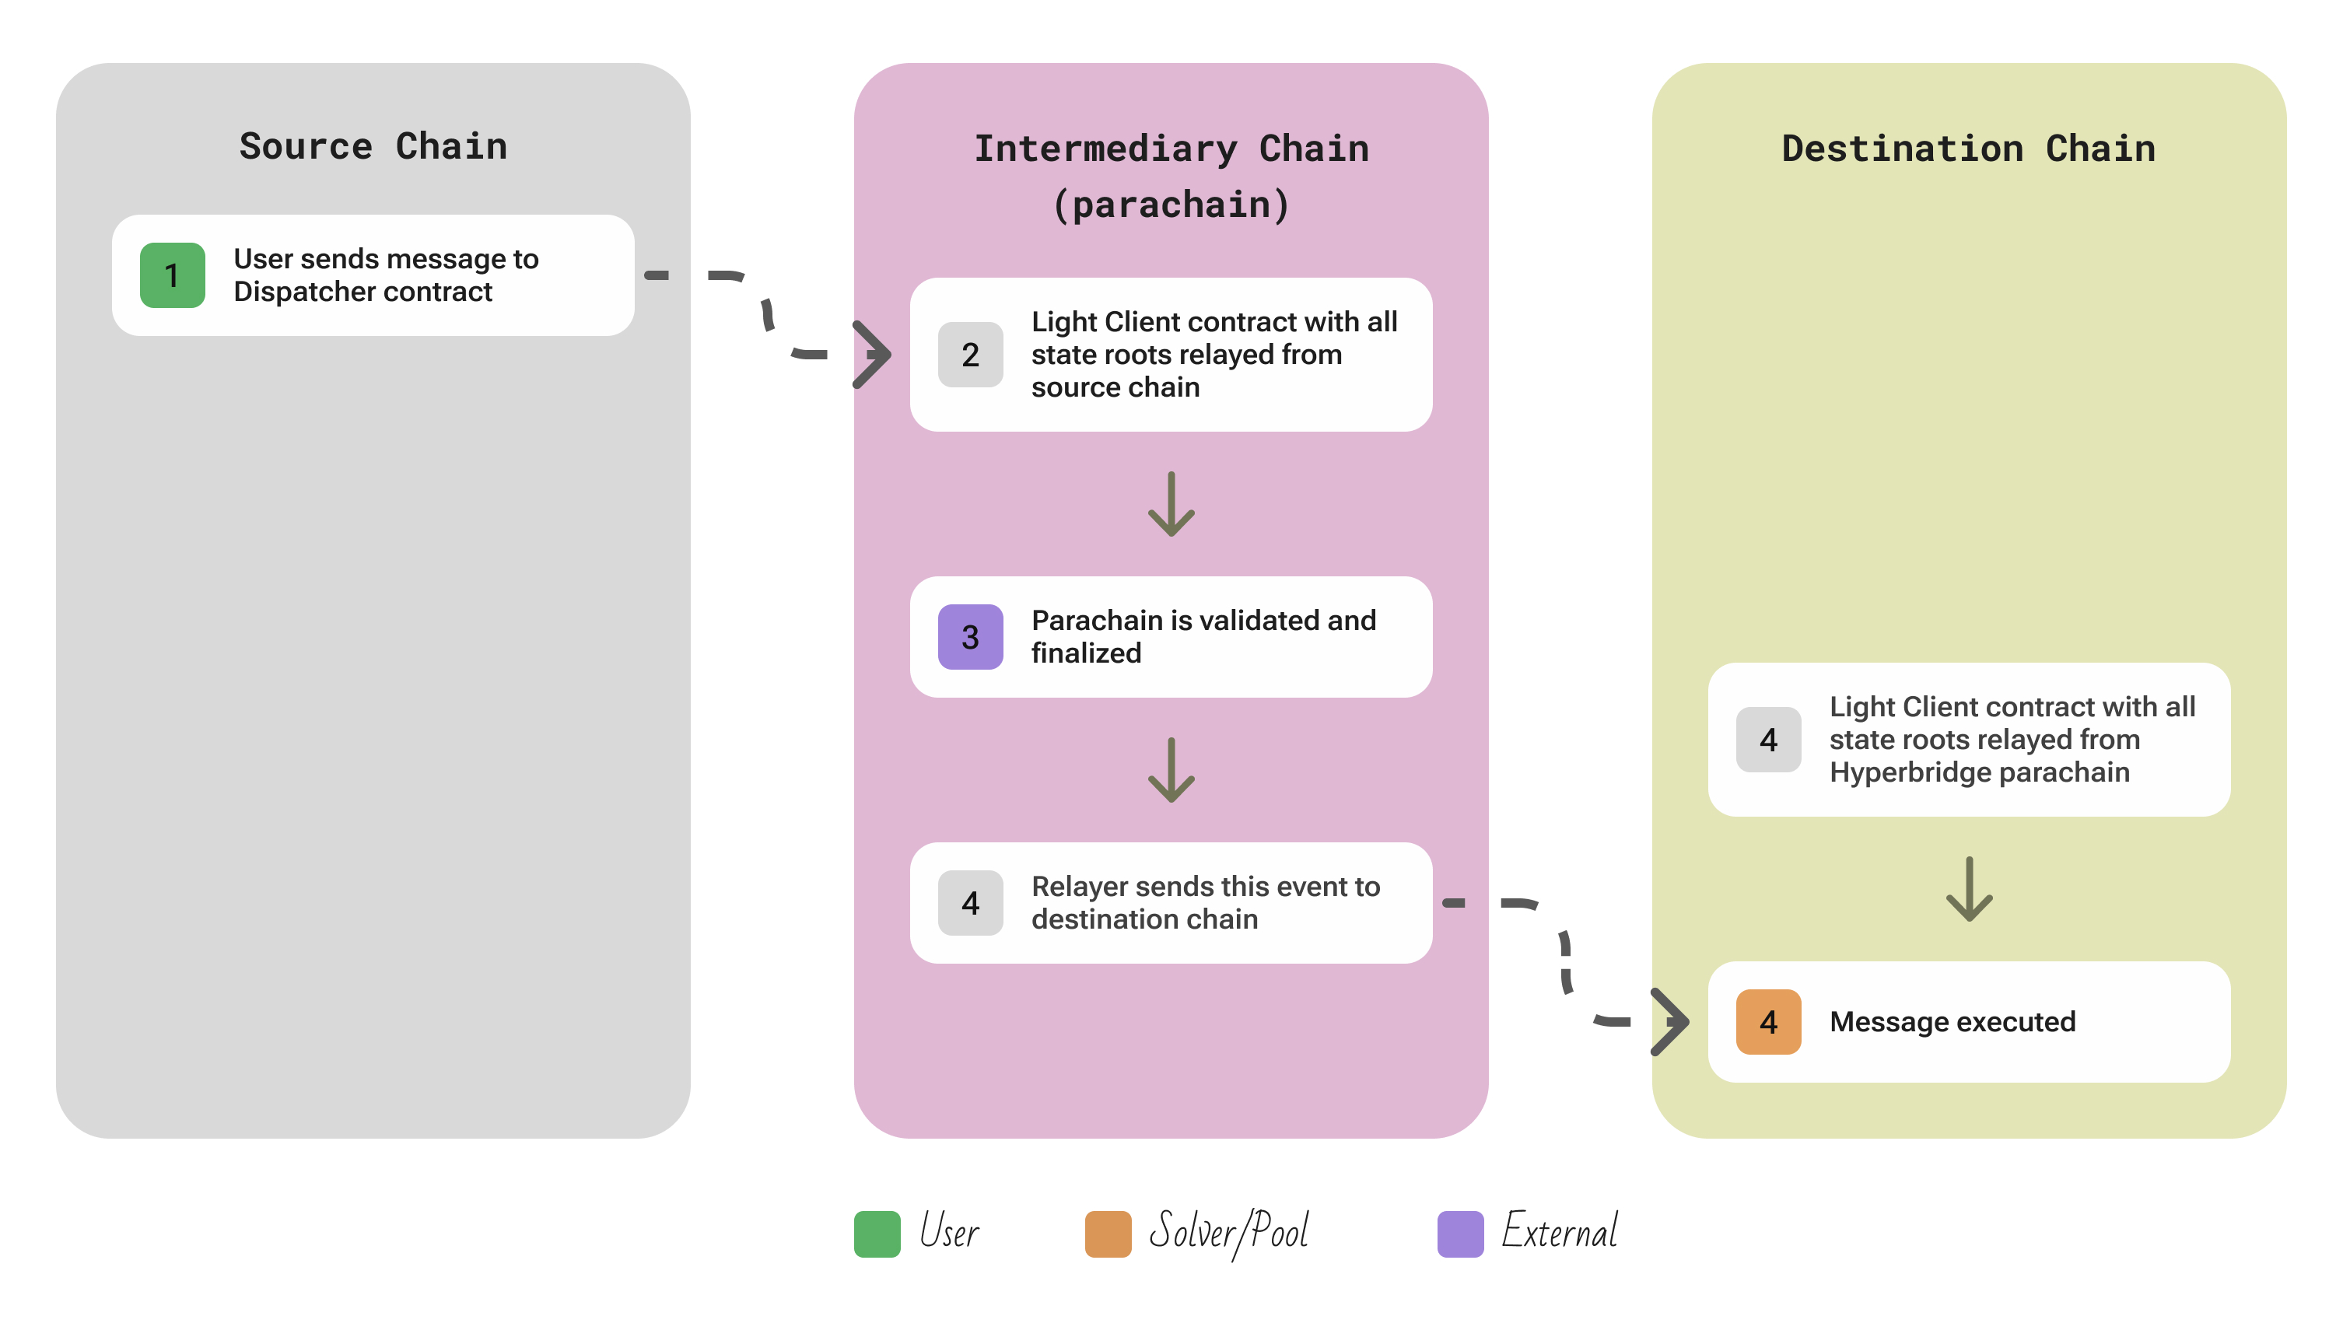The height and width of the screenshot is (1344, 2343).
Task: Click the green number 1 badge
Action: point(172,275)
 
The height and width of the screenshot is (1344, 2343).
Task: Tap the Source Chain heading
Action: point(373,146)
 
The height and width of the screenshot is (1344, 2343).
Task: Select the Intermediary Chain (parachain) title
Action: point(1171,175)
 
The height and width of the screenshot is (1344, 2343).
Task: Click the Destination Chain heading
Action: point(1968,148)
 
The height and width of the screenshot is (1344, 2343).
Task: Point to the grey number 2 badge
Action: point(969,355)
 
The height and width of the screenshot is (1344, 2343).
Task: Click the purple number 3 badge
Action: point(969,637)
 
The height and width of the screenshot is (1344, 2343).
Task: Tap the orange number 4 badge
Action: point(1768,1022)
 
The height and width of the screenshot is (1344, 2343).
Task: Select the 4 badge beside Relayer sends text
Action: point(969,903)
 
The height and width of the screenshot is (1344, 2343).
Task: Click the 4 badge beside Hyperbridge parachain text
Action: point(1768,740)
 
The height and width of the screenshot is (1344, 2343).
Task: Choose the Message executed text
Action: point(1952,1022)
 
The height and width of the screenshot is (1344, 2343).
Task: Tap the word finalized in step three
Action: point(1086,653)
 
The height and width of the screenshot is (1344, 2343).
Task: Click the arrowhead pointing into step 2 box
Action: point(871,355)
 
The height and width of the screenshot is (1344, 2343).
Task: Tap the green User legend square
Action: point(876,1234)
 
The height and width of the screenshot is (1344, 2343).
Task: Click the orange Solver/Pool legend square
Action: point(1108,1234)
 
